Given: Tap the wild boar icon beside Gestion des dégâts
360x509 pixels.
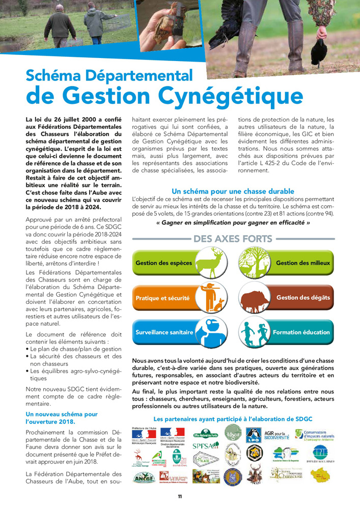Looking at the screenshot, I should pyautogui.click(x=257, y=298).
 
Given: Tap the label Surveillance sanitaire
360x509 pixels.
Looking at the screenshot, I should pyautogui.click(x=164, y=332).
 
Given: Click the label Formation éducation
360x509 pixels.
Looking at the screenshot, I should pyautogui.click(x=301, y=332).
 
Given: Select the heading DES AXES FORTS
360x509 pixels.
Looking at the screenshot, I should pyautogui.click(x=233, y=239).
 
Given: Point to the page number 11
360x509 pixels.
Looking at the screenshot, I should pyautogui.click(x=180, y=496).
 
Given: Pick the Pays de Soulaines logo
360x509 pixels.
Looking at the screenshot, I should pyautogui.click(x=320, y=454).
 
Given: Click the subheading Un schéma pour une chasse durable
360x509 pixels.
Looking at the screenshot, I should pyautogui.click(x=233, y=191).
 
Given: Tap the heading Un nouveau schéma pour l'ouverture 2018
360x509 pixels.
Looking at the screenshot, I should pyautogui.click(x=62, y=418).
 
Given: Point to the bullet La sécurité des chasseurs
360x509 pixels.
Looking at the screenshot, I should pyautogui.click(x=76, y=356).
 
